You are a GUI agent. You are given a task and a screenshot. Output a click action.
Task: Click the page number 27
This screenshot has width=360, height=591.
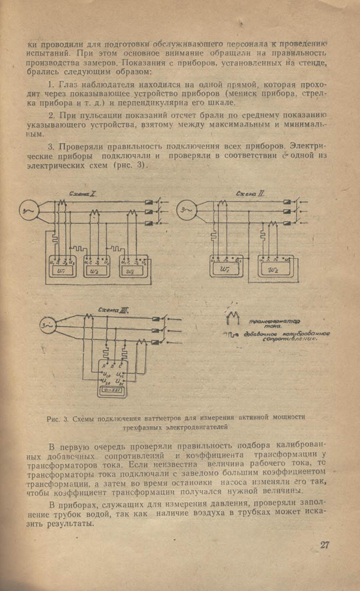(325, 545)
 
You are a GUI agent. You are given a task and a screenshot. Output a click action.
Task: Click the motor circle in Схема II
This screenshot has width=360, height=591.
(187, 209)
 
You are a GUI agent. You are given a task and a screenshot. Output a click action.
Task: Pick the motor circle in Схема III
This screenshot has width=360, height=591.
(46, 325)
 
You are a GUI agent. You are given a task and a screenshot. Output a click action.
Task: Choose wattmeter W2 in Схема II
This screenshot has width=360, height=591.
(274, 269)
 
